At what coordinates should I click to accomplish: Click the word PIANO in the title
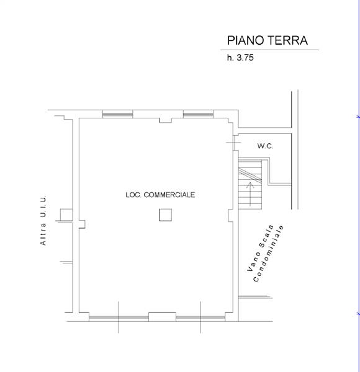pos(246,40)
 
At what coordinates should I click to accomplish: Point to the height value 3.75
pos(245,58)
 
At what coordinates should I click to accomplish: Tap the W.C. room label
pos(265,146)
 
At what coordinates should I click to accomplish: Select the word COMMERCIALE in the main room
pos(169,195)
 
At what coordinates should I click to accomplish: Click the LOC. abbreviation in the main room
pos(133,195)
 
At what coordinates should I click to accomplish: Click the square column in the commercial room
pos(166,215)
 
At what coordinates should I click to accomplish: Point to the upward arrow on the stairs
pos(250,194)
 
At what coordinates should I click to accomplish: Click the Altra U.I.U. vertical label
pos(43,220)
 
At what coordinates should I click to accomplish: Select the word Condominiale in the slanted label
pos(269,254)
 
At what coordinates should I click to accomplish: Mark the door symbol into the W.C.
pos(234,143)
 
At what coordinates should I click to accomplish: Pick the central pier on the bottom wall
pos(162,317)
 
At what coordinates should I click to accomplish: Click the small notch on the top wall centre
pos(166,120)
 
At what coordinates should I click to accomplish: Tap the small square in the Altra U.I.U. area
pos(66,215)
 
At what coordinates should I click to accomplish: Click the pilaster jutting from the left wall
pos(82,224)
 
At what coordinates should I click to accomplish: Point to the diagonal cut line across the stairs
pos(250,175)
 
